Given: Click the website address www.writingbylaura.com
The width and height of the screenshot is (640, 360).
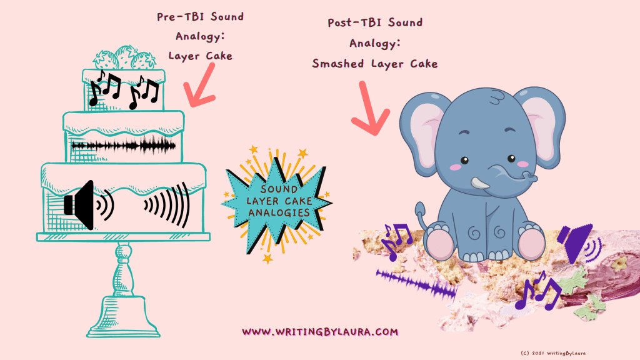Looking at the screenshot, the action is coord(319,331).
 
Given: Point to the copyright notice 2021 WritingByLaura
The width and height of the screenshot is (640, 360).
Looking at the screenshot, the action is coord(553,353).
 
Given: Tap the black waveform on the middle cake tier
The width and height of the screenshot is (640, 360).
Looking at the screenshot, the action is coord(123,145).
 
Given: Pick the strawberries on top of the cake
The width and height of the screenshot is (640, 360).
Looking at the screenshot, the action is coord(124,58).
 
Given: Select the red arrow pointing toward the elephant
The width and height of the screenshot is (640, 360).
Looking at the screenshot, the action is coord(370,109).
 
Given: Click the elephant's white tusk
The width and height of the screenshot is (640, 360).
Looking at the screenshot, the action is coord(479,183).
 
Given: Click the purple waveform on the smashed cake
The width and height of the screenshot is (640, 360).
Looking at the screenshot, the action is coord(416,282).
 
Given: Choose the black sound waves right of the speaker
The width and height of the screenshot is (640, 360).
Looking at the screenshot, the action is coord(167,205).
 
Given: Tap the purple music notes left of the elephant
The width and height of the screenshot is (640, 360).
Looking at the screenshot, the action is coord(396,241).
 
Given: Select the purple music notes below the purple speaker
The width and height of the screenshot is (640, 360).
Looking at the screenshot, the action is coord(538,290).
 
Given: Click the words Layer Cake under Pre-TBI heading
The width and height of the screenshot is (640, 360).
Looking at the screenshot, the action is coord(200,56).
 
